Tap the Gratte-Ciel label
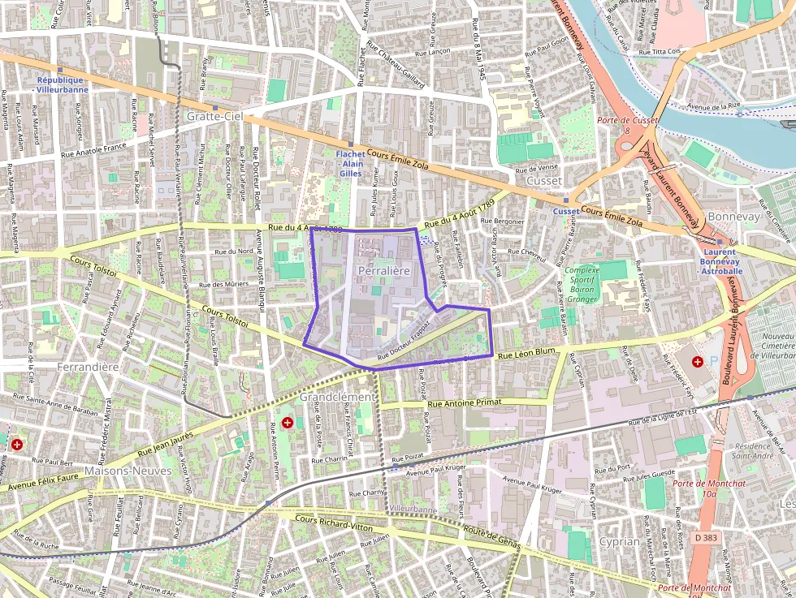pos(214,117)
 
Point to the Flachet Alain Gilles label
pos(350,162)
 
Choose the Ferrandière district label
pos(89,367)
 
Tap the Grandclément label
pos(337,397)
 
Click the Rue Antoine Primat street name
pos(465,402)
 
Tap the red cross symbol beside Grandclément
pos(288,422)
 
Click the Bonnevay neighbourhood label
pos(733,217)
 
